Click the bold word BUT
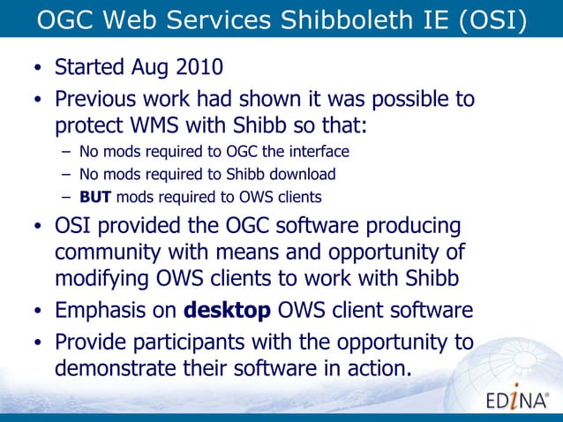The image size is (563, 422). (x=95, y=196)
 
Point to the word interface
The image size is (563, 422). (x=319, y=151)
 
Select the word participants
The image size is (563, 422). (x=199, y=341)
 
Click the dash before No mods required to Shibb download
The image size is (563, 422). (x=67, y=174)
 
